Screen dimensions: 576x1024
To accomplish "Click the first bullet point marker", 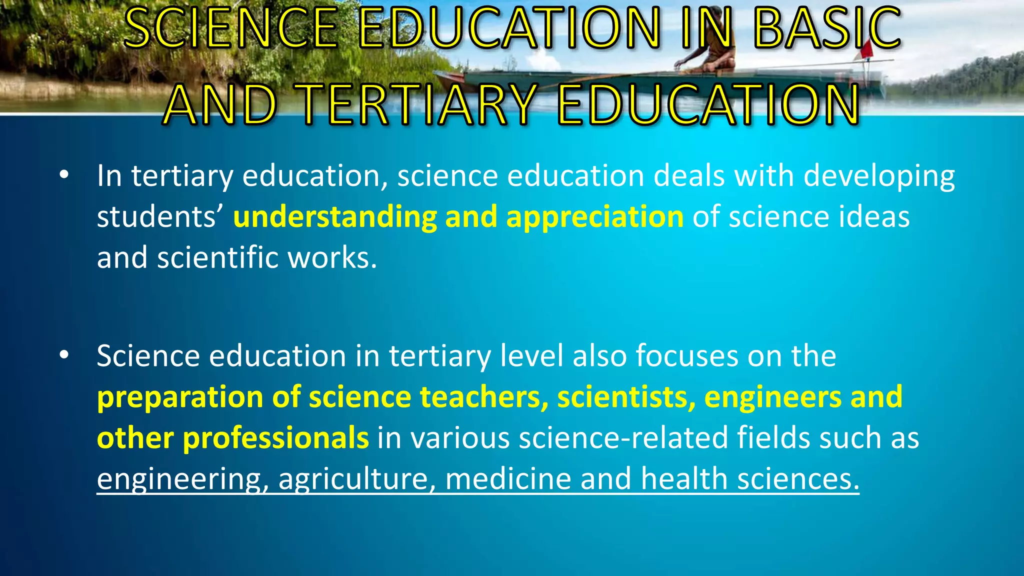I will point(63,175).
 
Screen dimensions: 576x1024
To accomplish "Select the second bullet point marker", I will point(63,355).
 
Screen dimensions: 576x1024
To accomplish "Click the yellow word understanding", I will point(335,217).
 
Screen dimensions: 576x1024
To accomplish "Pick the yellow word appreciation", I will point(594,217).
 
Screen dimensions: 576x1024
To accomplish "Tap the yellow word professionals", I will point(275,438).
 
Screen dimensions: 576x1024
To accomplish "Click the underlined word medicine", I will point(508,478).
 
